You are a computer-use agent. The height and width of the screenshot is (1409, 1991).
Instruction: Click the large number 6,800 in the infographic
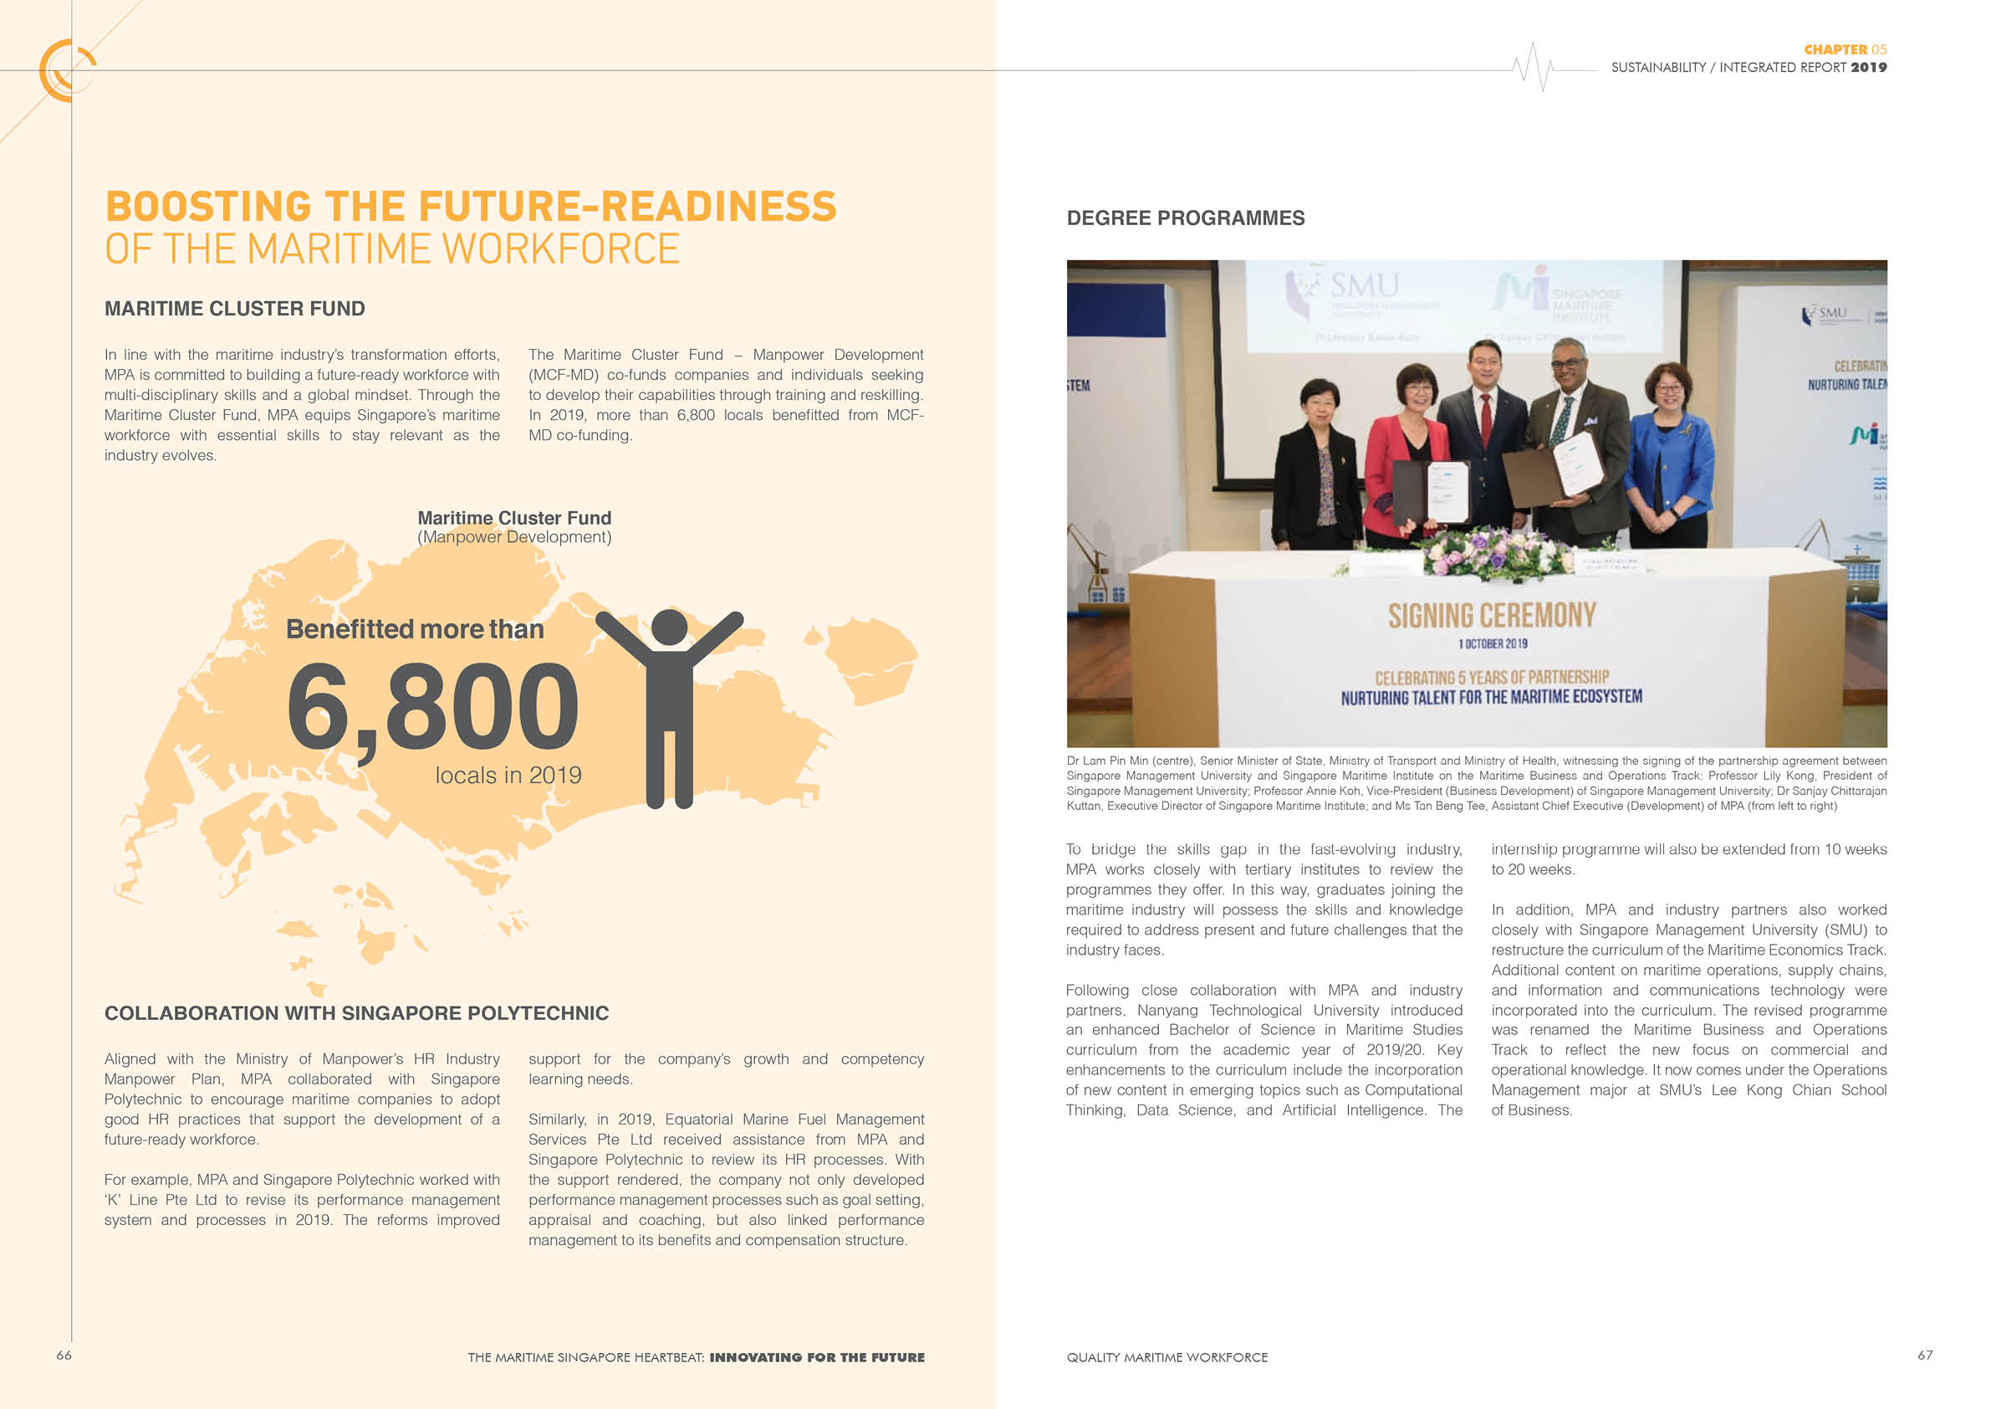[431, 704]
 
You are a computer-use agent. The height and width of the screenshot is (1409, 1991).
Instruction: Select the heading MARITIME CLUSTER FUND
[234, 309]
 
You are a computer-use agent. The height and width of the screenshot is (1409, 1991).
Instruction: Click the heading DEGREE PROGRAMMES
[1186, 218]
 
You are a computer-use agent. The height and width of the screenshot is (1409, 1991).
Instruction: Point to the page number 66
[64, 1355]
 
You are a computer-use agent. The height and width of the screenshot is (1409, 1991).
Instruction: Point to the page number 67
[1924, 1355]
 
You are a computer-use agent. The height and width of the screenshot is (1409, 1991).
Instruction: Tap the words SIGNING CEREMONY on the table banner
[1492, 615]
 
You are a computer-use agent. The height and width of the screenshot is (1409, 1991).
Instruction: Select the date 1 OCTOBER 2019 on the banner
[1493, 643]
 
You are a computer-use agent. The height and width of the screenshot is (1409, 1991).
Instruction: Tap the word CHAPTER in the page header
[1835, 50]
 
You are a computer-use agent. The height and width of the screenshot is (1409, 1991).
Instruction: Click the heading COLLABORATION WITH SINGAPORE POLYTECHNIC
[356, 1013]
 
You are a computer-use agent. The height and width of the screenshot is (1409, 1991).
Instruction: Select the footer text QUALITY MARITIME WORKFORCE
[1167, 1358]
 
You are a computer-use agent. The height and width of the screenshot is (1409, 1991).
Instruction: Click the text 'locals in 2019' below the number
[508, 776]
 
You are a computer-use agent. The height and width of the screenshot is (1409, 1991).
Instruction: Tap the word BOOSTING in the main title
[208, 207]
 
